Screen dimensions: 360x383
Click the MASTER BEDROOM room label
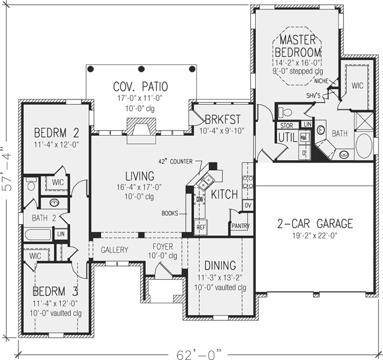(x=298, y=46)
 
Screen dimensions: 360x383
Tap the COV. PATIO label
(x=141, y=86)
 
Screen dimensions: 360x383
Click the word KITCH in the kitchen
(x=225, y=195)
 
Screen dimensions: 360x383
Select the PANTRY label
(x=240, y=226)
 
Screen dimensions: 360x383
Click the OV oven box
(x=247, y=205)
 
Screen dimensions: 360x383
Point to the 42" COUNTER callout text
(x=176, y=161)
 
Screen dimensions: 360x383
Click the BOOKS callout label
(x=170, y=214)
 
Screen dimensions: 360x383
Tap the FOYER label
(x=163, y=247)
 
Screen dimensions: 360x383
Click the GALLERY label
(x=115, y=250)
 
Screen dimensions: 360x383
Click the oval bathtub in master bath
(x=364, y=145)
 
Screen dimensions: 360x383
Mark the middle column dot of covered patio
(x=141, y=69)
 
